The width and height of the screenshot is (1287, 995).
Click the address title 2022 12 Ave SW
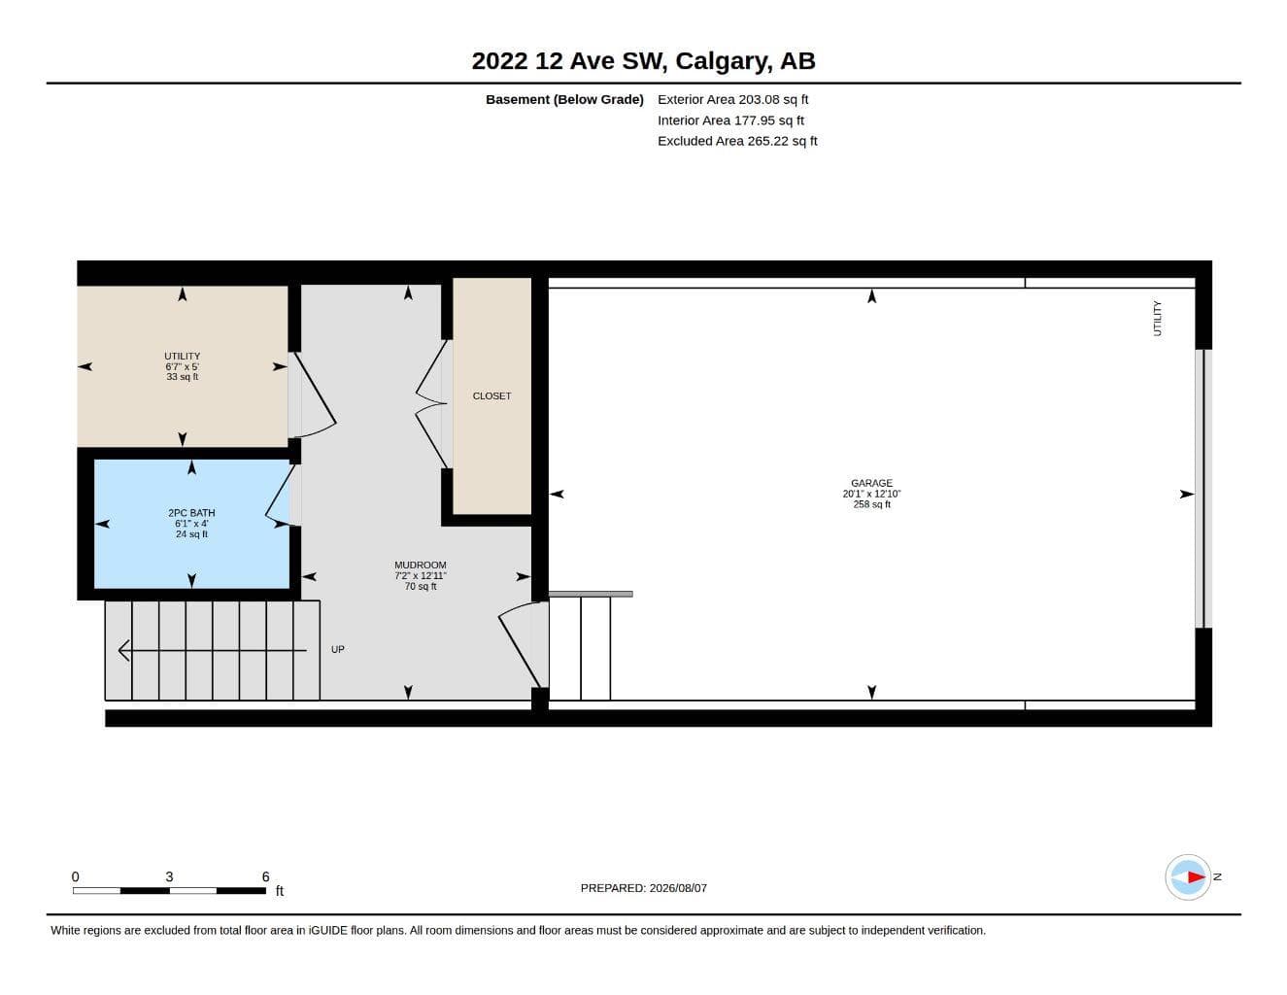(569, 61)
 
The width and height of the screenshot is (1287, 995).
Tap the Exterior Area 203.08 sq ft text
(732, 99)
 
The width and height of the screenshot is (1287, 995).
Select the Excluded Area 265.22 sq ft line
(737, 141)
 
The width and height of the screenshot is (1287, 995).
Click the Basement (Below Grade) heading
(564, 99)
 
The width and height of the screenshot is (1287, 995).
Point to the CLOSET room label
(491, 395)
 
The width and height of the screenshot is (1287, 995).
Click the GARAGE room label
(871, 483)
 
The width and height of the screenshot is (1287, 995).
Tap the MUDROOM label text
(420, 565)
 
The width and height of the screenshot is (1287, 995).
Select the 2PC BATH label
(191, 513)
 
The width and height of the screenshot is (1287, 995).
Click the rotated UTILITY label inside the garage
(1157, 318)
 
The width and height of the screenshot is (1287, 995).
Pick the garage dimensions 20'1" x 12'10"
(871, 494)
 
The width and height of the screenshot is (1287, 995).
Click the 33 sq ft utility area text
(182, 377)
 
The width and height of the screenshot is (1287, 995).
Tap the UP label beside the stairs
(338, 649)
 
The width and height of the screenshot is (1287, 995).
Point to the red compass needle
(1197, 876)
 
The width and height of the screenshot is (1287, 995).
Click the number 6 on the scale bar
(265, 876)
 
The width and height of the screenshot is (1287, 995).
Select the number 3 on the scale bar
(169, 876)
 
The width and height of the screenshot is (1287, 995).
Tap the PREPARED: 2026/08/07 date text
(643, 888)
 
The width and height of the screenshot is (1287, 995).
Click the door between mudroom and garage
(520, 644)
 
